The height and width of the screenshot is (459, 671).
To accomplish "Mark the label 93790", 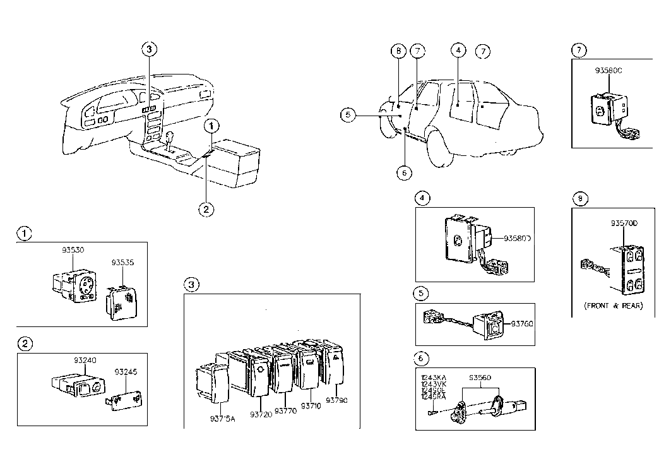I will pos(336,400).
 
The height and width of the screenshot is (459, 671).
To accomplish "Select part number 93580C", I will pos(608,71).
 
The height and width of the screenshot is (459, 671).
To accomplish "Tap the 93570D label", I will pos(624,224).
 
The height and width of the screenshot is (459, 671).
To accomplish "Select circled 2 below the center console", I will pos(206,209).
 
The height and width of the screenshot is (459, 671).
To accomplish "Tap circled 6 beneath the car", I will pos(405,171).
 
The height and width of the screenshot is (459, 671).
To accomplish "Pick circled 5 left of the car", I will pos(347,115).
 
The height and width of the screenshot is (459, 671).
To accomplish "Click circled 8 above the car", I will pos(397,51).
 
